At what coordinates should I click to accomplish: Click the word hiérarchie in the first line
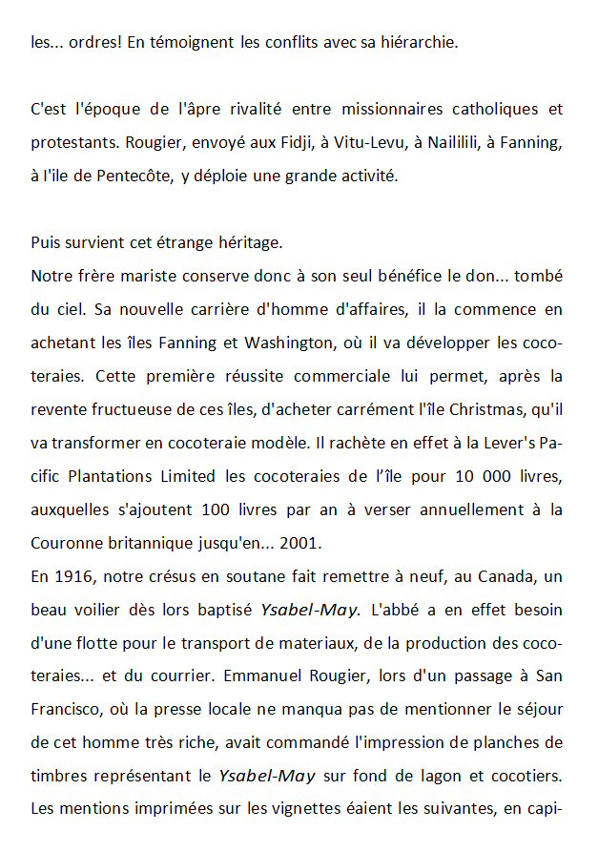click(418, 42)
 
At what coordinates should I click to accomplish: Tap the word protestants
click(71, 142)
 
